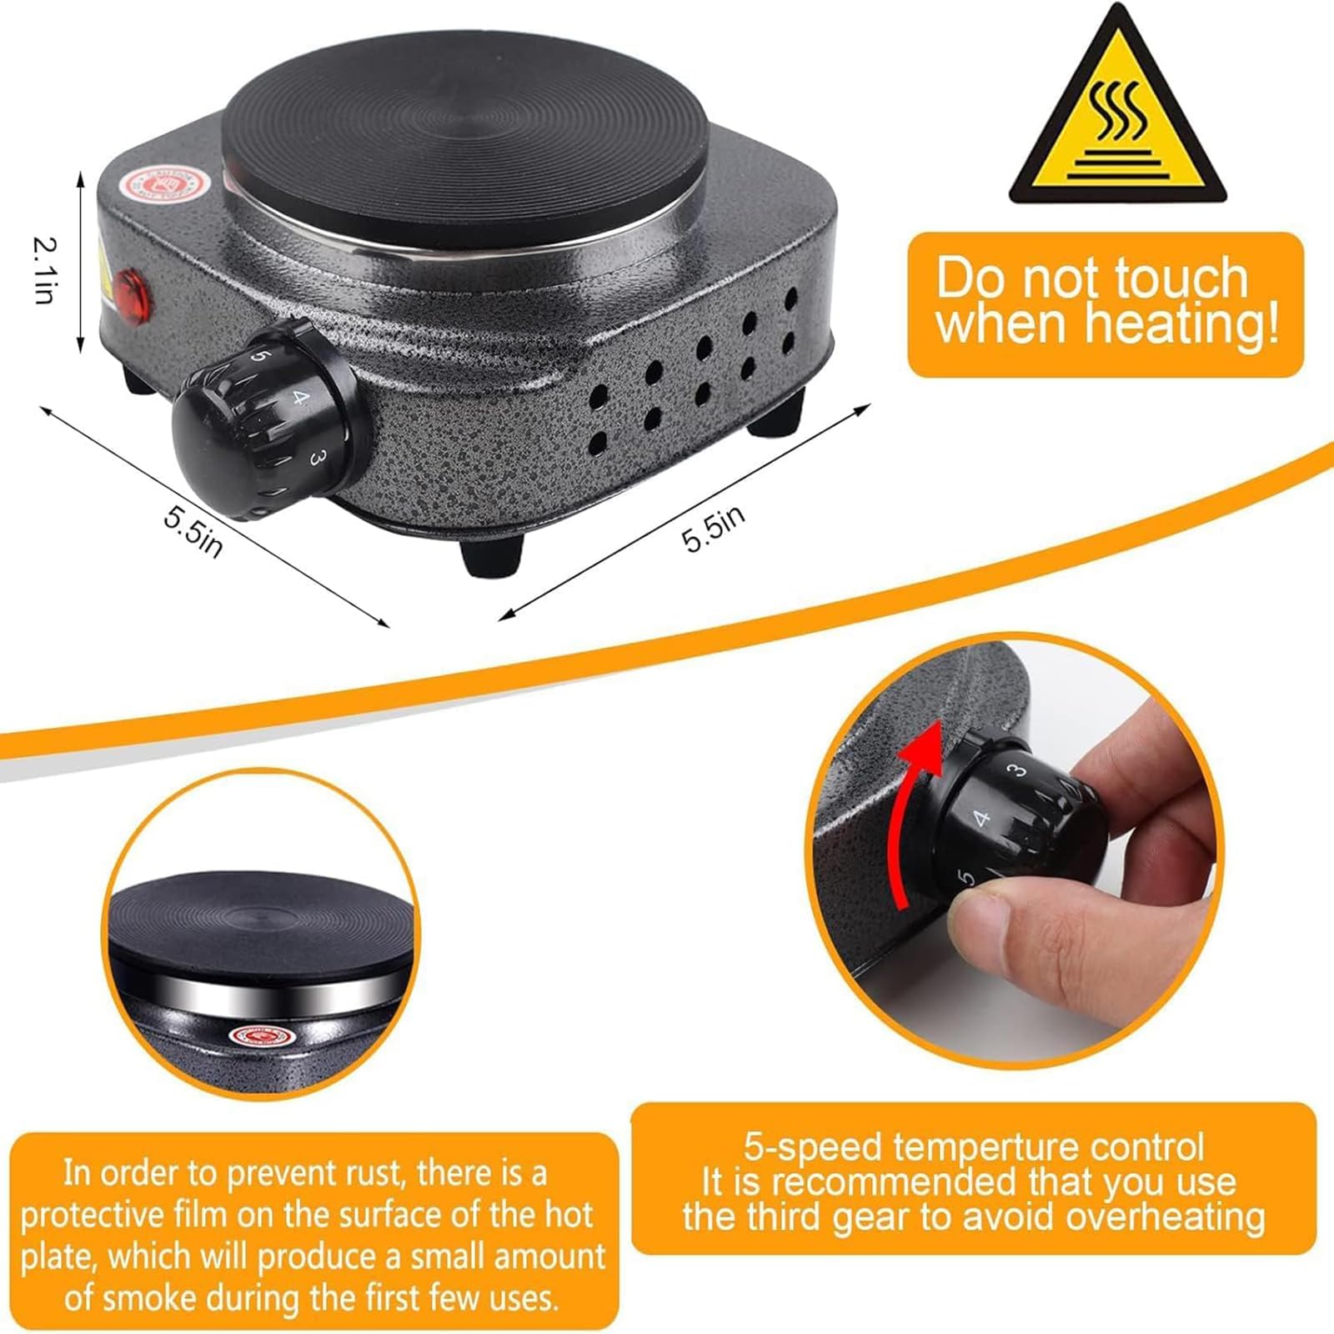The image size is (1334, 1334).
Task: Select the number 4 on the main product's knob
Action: click(x=300, y=399)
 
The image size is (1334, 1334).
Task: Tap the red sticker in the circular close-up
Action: click(x=263, y=1037)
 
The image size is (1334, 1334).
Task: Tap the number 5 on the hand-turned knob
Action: click(x=967, y=877)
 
